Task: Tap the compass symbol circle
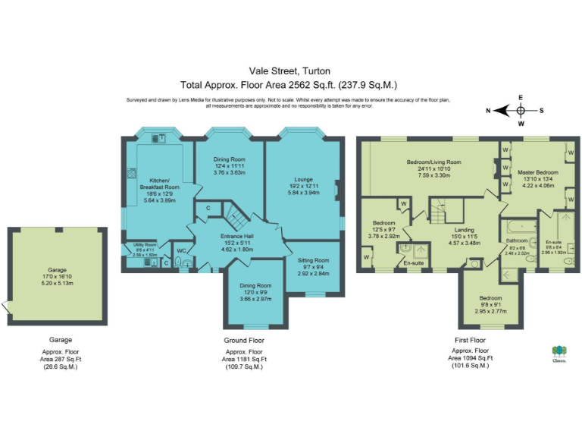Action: [520, 110]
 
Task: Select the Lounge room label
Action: [303, 180]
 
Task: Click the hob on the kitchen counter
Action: [130, 173]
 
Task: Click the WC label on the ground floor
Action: [181, 250]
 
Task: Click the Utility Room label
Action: [144, 245]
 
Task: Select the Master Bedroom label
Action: [537, 173]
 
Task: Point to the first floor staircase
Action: [444, 208]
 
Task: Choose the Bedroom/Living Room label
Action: [433, 162]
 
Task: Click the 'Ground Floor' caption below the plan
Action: [243, 340]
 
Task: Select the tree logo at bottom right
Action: [559, 351]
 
